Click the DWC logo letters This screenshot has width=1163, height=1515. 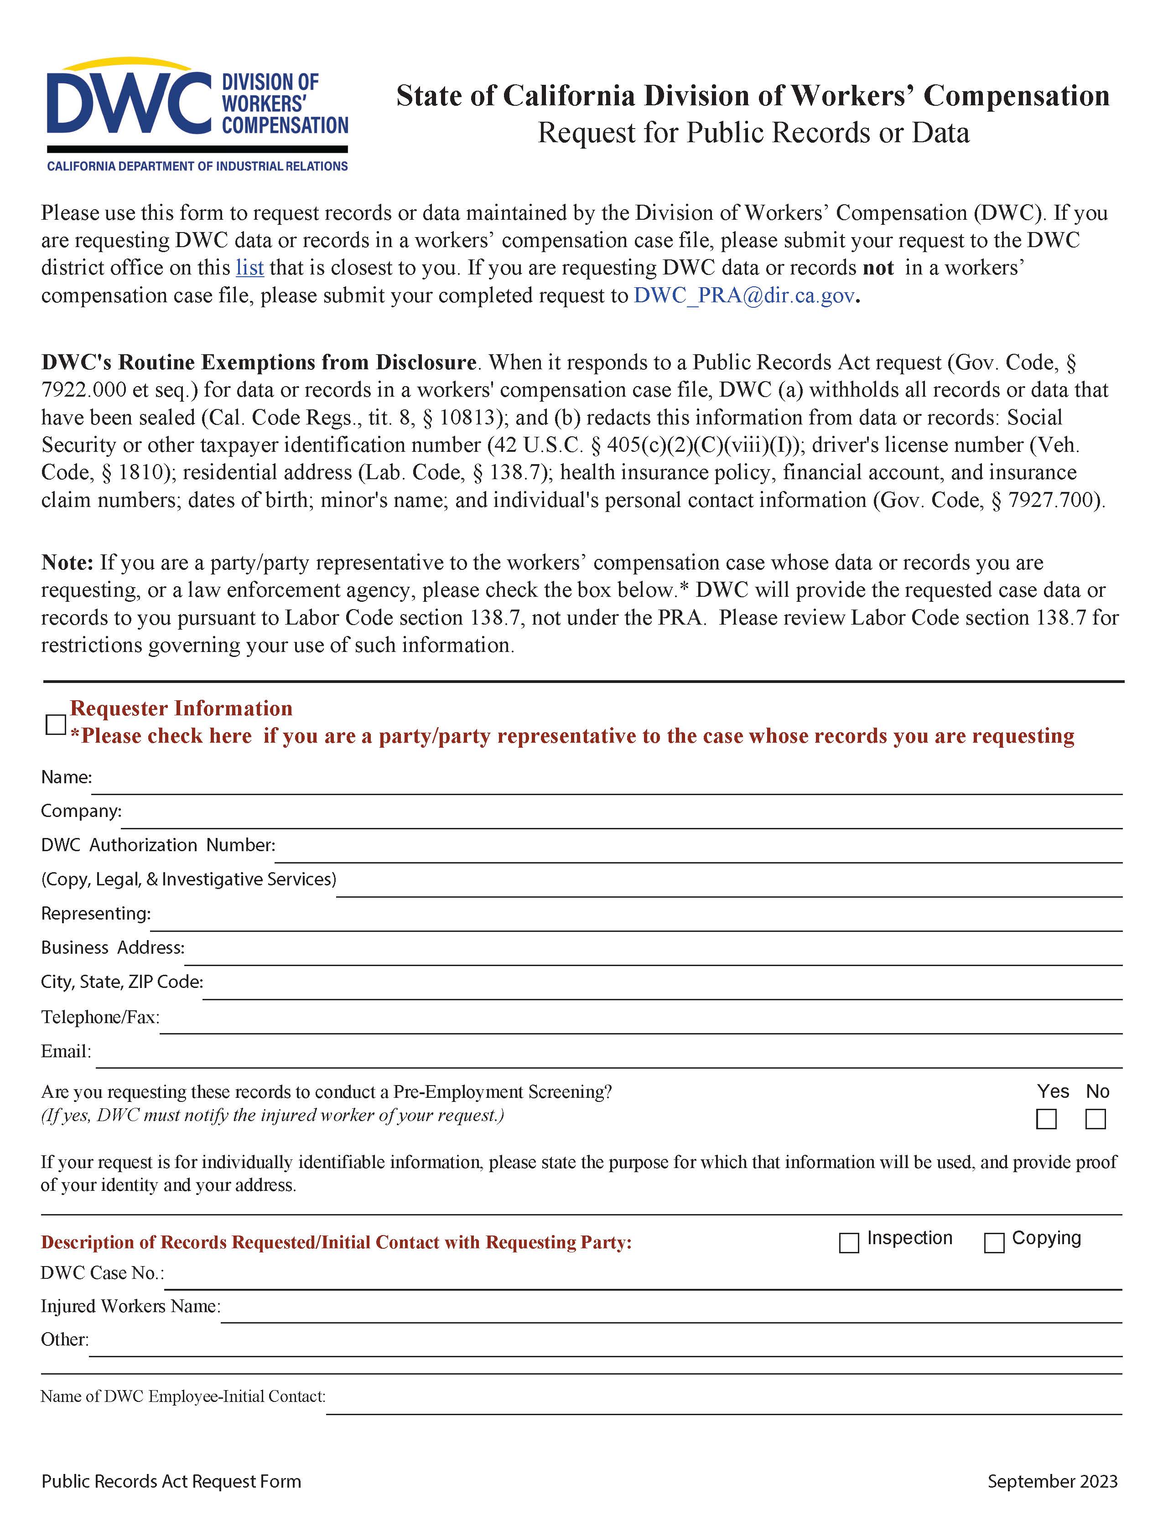129,104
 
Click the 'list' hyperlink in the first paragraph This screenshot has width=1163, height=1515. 249,268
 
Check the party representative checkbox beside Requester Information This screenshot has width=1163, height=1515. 55,724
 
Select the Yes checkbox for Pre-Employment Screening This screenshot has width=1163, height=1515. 1046,1119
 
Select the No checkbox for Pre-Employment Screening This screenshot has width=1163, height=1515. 1095,1119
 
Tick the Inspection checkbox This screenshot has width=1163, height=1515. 849,1243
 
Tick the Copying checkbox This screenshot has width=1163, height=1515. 994,1243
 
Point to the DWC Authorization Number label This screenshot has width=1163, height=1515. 158,845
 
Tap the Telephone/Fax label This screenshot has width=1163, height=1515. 100,1017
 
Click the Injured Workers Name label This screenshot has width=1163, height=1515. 130,1306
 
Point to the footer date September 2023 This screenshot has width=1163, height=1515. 1052,1481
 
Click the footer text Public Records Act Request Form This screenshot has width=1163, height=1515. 171,1481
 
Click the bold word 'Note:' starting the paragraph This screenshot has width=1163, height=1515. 67,562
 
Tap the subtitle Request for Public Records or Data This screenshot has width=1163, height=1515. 753,133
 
